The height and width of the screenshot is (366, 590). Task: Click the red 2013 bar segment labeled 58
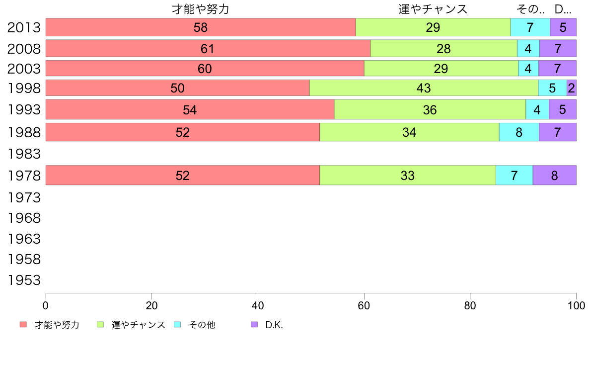click(201, 27)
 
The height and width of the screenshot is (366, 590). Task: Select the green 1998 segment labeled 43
click(424, 88)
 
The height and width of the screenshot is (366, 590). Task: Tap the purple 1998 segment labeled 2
click(571, 88)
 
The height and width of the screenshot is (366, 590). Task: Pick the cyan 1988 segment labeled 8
click(519, 132)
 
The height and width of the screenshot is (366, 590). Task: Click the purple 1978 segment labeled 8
click(554, 176)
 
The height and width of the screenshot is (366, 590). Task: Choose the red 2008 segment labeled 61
click(208, 49)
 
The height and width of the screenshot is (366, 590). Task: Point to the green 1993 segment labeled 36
click(430, 110)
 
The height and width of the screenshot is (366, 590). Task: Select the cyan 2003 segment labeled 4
click(528, 69)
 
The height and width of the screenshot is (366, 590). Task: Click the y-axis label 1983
click(24, 154)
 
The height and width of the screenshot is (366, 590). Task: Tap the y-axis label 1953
click(24, 280)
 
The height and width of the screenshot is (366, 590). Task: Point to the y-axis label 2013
click(24, 27)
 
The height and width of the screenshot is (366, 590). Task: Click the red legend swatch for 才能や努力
click(23, 325)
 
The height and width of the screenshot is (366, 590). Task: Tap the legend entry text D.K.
click(274, 325)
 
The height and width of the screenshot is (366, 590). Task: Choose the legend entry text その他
click(202, 325)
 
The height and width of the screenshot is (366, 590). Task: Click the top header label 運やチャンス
click(433, 9)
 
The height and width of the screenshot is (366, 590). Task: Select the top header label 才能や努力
click(201, 9)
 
